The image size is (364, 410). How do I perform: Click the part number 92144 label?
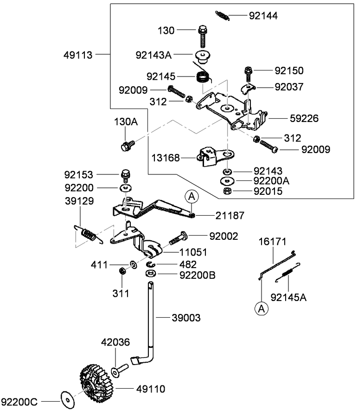pyautogui.click(x=263, y=16)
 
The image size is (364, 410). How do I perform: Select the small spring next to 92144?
pyautogui.click(x=223, y=15)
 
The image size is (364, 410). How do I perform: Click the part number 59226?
pyautogui.click(x=304, y=118)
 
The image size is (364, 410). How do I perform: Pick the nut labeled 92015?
pyautogui.click(x=227, y=191)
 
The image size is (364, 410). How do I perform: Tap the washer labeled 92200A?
pyautogui.click(x=227, y=180)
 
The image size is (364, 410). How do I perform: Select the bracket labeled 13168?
pyautogui.click(x=211, y=157)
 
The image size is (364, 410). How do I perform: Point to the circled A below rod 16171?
pyautogui.click(x=262, y=308)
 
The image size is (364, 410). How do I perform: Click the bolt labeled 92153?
pyautogui.click(x=125, y=176)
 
